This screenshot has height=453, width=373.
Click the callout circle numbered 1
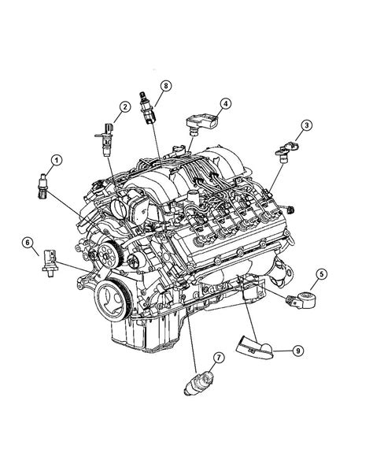coord(57,160)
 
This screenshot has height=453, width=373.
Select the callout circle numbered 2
coord(125,107)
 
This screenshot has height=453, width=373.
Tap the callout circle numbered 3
coord(306,125)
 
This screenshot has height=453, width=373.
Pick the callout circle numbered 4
coord(226,103)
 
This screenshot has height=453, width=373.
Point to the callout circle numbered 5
coord(321,274)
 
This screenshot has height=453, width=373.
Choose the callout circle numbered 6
coord(28,243)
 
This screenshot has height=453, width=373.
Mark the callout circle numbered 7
coord(219,358)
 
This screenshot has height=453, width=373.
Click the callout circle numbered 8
coord(165,86)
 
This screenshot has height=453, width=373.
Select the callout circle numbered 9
coord(298,351)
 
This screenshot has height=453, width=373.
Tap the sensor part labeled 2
coord(105,139)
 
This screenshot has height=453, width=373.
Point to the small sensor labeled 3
coord(286,149)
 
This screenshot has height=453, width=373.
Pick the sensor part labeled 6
coord(50,263)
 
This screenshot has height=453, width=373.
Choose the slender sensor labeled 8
coord(147,108)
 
